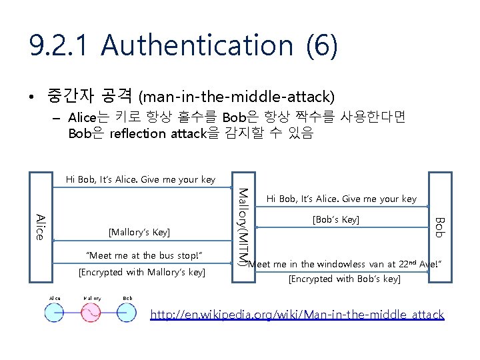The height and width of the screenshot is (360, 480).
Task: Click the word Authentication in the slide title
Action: point(197,45)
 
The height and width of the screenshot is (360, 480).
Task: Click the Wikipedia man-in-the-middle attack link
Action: point(297,315)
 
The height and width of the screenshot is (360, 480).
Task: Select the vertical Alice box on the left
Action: point(40,227)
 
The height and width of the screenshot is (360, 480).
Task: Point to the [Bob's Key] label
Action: point(337,220)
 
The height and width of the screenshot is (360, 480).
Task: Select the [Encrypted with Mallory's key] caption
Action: point(142,272)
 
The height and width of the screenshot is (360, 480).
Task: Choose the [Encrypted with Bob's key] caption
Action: point(344,279)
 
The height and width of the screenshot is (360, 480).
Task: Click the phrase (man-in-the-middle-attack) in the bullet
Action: point(237,97)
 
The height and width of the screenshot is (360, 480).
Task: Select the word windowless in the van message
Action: point(334,265)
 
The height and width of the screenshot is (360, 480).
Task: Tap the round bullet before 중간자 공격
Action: point(31,98)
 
